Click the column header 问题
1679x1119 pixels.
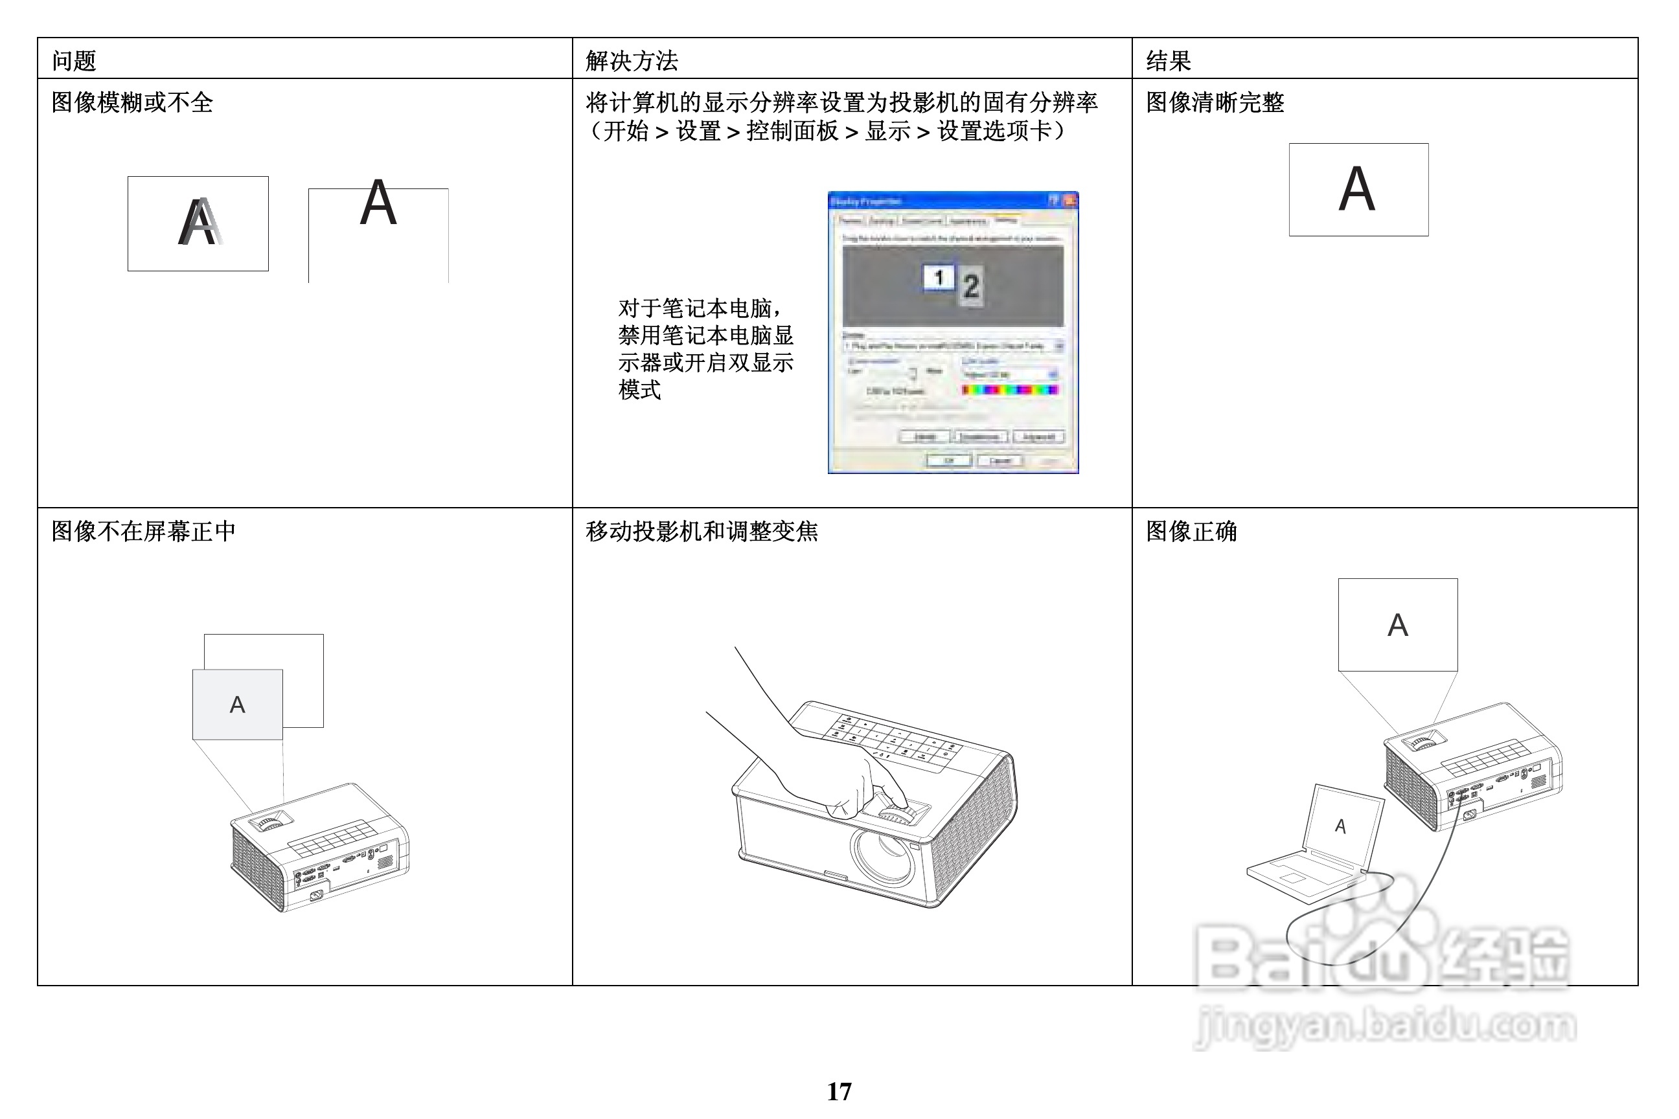pos(74,61)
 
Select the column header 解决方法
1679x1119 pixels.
pos(631,61)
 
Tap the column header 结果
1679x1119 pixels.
pos(1168,61)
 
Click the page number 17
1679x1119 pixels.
pos(839,1091)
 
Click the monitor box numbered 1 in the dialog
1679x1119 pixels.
pos(938,278)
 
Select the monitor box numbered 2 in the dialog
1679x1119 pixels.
pos(970,287)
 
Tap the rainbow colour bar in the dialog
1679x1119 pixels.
pos(1009,390)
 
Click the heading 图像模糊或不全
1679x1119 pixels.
pos(132,103)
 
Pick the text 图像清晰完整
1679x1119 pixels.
pos(1215,103)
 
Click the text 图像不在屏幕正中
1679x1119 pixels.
pos(143,531)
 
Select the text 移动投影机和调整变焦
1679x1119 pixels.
pos(701,531)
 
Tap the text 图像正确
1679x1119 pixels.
pos(1191,531)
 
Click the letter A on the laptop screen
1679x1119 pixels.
pos(1340,826)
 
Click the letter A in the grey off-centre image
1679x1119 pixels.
pos(237,705)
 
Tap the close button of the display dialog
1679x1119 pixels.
pos(1069,201)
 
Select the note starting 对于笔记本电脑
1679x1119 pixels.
pos(705,349)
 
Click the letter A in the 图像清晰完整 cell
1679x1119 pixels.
pos(1356,189)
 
